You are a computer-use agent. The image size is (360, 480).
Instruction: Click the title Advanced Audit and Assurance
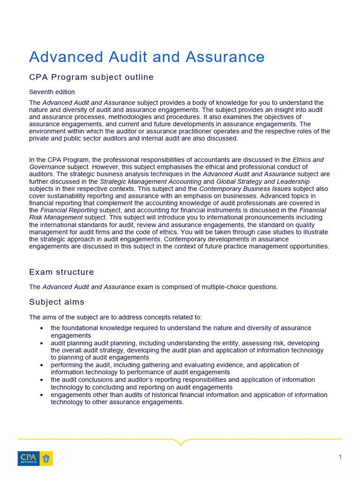pos(147,57)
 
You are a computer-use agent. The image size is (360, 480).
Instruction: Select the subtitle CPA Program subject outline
pos(91,77)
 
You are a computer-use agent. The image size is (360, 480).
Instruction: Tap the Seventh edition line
pos(52,92)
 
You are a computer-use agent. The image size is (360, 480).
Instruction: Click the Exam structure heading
pos(61,272)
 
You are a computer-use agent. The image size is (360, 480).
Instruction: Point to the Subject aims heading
pos(57,302)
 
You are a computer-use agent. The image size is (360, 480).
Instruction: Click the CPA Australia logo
pos(35,458)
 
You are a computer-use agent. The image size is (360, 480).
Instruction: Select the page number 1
pos(340,457)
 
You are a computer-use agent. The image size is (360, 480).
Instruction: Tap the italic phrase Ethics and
pos(308,160)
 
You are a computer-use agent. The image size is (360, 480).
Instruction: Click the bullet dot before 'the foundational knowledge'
pos(42,328)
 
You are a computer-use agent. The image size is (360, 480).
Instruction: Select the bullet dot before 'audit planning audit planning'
pos(42,343)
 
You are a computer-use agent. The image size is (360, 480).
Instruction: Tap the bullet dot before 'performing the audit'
pos(42,365)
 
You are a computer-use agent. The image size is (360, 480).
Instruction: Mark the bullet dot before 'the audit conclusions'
pos(42,380)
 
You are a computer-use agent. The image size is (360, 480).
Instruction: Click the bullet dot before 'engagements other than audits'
pos(42,395)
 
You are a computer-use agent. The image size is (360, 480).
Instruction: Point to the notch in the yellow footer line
pos(180,442)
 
